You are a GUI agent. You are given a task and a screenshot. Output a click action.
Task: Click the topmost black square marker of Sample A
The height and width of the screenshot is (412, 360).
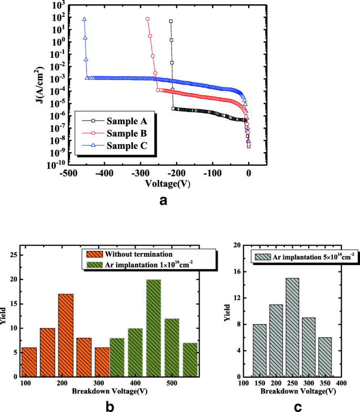[171, 22]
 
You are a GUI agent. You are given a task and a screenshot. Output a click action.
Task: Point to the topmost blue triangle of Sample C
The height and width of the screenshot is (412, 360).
[84, 19]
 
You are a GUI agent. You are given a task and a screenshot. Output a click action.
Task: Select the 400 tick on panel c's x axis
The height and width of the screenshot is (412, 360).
[342, 384]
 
